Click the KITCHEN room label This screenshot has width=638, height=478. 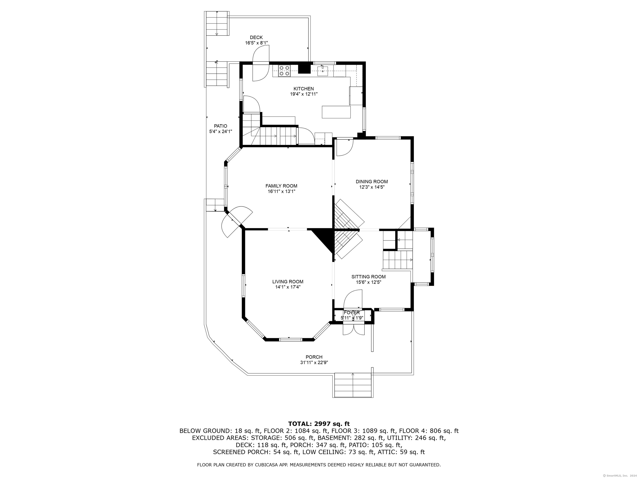click(303, 89)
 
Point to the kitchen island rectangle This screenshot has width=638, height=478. click(336, 112)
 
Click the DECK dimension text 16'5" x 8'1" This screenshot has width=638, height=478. click(256, 43)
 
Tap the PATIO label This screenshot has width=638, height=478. click(221, 126)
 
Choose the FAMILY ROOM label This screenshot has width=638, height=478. click(281, 186)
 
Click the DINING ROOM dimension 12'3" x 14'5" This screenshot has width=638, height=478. click(372, 187)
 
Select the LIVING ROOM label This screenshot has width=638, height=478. click(288, 282)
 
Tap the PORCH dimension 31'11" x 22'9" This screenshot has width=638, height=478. click(314, 362)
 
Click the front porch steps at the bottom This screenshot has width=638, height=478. click(352, 385)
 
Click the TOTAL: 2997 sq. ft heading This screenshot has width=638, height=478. click(319, 424)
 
